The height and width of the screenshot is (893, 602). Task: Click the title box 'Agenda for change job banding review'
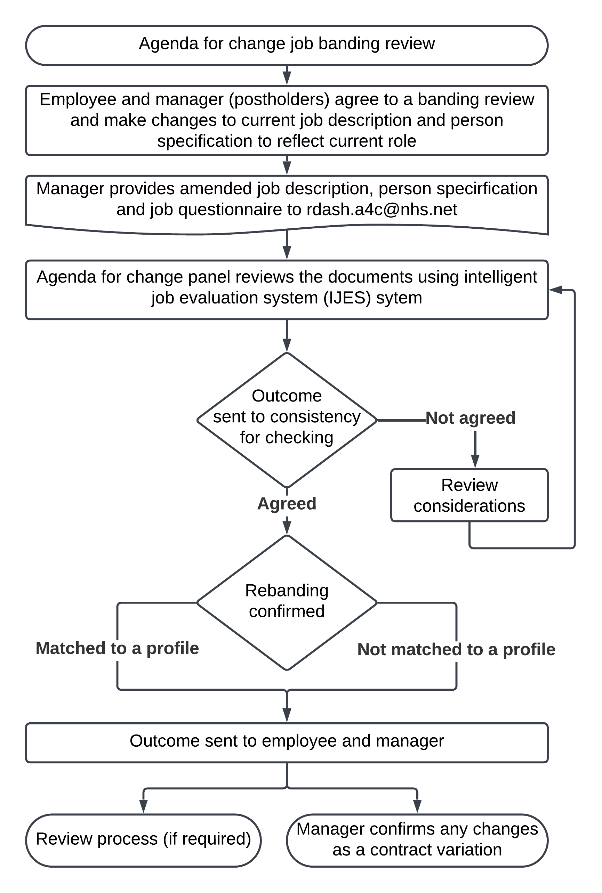click(287, 45)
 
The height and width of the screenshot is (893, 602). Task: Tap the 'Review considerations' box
click(469, 495)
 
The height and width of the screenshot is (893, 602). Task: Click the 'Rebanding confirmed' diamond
click(287, 602)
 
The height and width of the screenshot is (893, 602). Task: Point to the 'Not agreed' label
click(470, 418)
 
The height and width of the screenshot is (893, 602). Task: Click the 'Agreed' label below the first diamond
click(287, 503)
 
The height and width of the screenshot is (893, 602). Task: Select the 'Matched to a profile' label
click(117, 648)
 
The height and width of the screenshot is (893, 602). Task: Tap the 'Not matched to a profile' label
click(456, 649)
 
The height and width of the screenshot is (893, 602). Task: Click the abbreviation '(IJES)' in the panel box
click(347, 298)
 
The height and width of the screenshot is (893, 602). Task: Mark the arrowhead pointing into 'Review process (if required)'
click(143, 807)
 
